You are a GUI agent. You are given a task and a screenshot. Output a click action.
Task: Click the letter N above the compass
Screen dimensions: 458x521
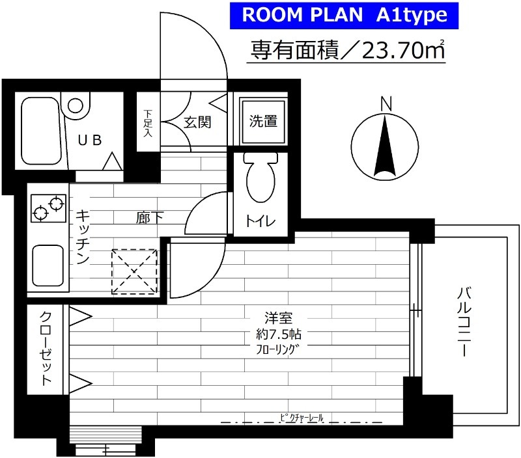tap(386, 104)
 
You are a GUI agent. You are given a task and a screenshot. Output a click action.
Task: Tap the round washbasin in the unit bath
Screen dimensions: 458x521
tap(77, 105)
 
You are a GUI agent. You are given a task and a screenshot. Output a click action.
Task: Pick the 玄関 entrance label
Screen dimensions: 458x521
tap(196, 122)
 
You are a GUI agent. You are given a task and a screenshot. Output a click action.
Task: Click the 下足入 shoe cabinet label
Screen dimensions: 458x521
tap(147, 124)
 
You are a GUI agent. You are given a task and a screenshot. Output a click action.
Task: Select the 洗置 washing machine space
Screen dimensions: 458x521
tap(263, 122)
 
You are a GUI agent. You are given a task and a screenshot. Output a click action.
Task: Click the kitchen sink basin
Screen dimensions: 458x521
tap(48, 265)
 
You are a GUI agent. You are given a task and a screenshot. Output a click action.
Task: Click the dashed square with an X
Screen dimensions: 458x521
tap(134, 271)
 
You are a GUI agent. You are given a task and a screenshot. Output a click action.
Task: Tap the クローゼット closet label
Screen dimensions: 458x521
tap(47, 349)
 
